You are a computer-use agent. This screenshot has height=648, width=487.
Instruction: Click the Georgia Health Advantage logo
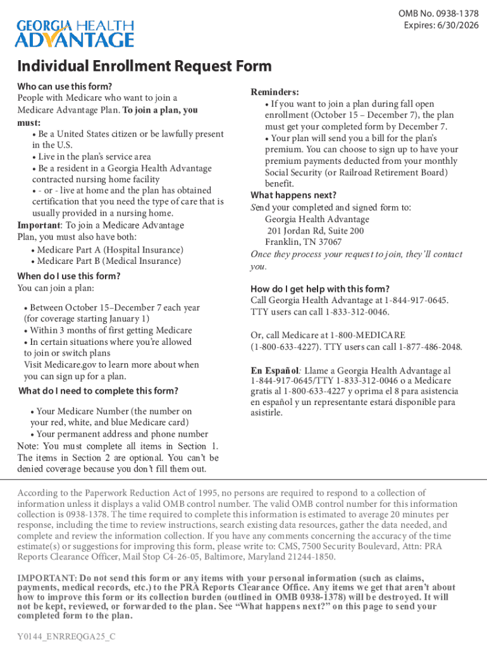75,34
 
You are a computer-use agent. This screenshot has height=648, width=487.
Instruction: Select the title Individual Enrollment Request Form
144,66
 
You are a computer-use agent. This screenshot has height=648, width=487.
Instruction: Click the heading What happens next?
293,195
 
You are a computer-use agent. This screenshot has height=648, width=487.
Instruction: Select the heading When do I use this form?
68,276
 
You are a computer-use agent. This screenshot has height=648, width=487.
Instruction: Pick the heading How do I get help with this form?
320,289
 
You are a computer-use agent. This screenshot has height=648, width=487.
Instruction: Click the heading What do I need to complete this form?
98,390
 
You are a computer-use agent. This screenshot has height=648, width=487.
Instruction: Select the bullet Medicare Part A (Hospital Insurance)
110,250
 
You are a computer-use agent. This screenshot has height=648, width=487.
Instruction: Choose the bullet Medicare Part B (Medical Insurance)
109,261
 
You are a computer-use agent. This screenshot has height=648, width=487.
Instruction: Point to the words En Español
274,370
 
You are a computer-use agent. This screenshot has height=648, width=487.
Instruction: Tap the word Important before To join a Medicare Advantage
39,225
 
